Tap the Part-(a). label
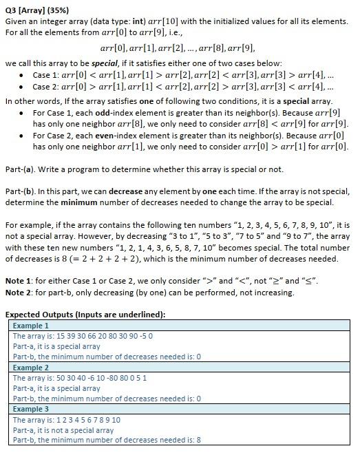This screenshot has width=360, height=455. [x=21, y=169]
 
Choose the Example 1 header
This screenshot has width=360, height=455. [x=31, y=325]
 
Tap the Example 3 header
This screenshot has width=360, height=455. [x=31, y=409]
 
